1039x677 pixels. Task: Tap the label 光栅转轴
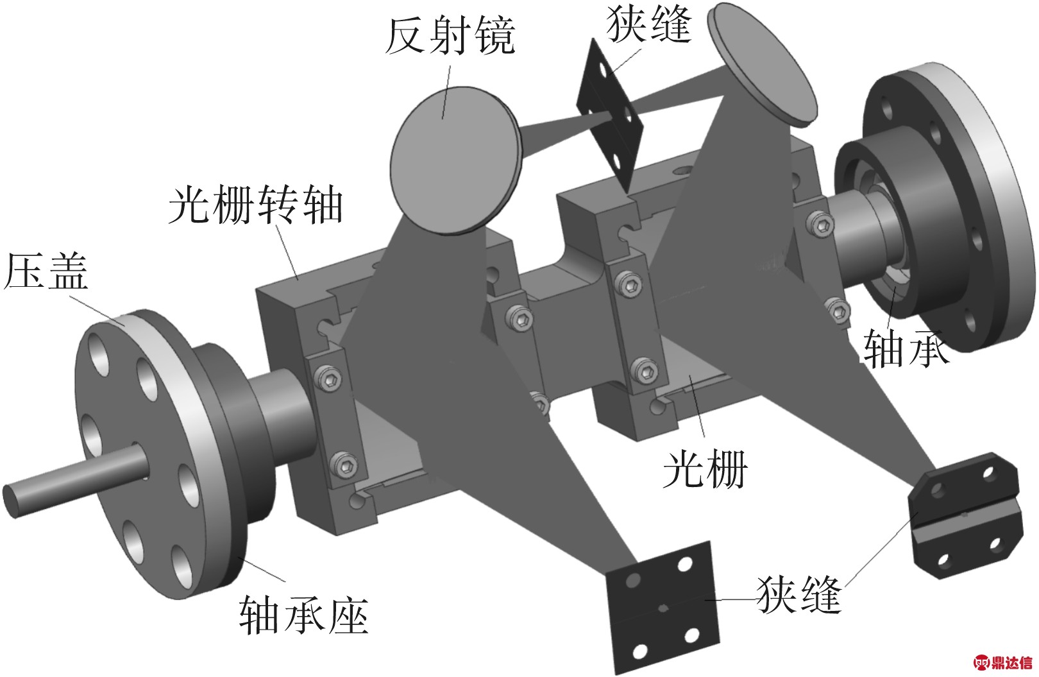(256, 205)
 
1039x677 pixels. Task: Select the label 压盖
(46, 272)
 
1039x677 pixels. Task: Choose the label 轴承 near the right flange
(905, 348)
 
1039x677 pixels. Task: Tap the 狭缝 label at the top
(649, 24)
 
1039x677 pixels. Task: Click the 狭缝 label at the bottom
(798, 596)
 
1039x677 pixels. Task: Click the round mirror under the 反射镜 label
(455, 160)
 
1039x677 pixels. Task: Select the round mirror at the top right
(763, 64)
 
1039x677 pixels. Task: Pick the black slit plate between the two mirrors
(611, 116)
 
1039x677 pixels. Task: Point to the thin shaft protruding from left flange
(74, 480)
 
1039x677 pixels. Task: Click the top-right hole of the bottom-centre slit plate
(684, 565)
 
